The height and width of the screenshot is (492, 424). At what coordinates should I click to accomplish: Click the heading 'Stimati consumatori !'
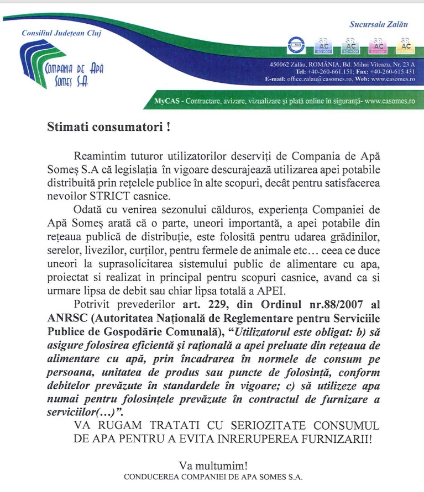coord(104,127)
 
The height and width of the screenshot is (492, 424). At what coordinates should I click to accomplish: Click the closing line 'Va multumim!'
coord(212,465)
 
